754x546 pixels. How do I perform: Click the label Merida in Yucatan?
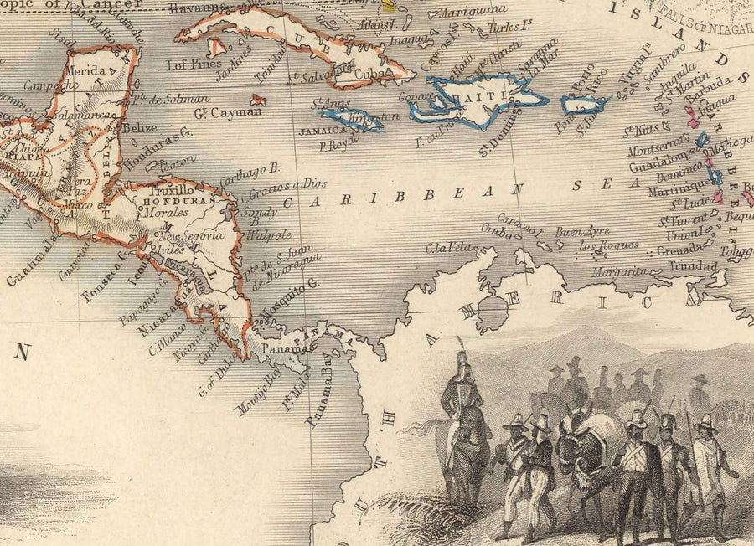point(87,71)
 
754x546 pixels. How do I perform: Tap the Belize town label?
point(139,128)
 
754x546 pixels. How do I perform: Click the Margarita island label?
point(619,272)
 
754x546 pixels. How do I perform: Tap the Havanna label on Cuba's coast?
point(198,8)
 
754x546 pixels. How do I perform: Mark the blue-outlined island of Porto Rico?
point(584,106)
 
